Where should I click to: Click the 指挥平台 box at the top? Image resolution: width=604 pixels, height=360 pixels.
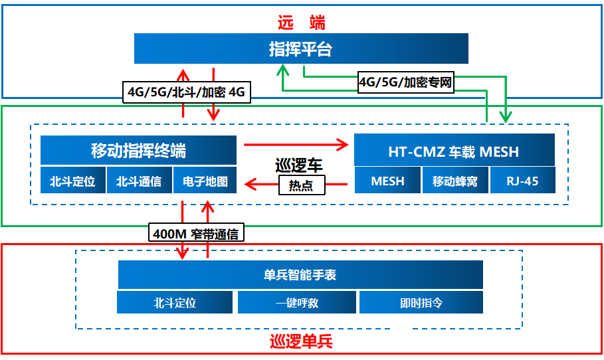pyautogui.click(x=301, y=48)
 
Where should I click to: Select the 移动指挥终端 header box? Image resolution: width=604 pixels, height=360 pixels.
pyautogui.click(x=138, y=150)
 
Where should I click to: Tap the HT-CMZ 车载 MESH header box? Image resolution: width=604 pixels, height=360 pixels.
pyautogui.click(x=454, y=151)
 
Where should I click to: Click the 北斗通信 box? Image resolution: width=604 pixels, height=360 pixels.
pyautogui.click(x=139, y=181)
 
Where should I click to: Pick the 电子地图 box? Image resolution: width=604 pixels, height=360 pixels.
pyautogui.click(x=205, y=181)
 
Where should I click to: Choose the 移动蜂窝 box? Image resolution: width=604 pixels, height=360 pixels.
pyautogui.click(x=454, y=181)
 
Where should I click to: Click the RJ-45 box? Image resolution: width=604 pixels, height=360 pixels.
pyautogui.click(x=522, y=181)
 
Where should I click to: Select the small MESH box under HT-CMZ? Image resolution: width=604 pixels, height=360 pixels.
pyautogui.click(x=387, y=181)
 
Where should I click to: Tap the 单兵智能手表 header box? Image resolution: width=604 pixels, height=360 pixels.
pyautogui.click(x=300, y=274)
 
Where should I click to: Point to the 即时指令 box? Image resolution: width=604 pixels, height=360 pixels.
pyautogui.click(x=421, y=303)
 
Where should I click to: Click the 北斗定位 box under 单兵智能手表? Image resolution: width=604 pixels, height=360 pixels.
pyautogui.click(x=175, y=303)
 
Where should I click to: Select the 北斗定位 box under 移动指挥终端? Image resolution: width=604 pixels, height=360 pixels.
pyautogui.click(x=72, y=181)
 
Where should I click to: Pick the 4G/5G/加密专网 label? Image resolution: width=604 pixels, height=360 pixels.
pyautogui.click(x=405, y=83)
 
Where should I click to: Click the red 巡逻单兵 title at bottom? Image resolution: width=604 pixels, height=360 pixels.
pyautogui.click(x=300, y=342)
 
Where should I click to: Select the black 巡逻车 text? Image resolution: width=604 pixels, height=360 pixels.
pyautogui.click(x=299, y=164)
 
